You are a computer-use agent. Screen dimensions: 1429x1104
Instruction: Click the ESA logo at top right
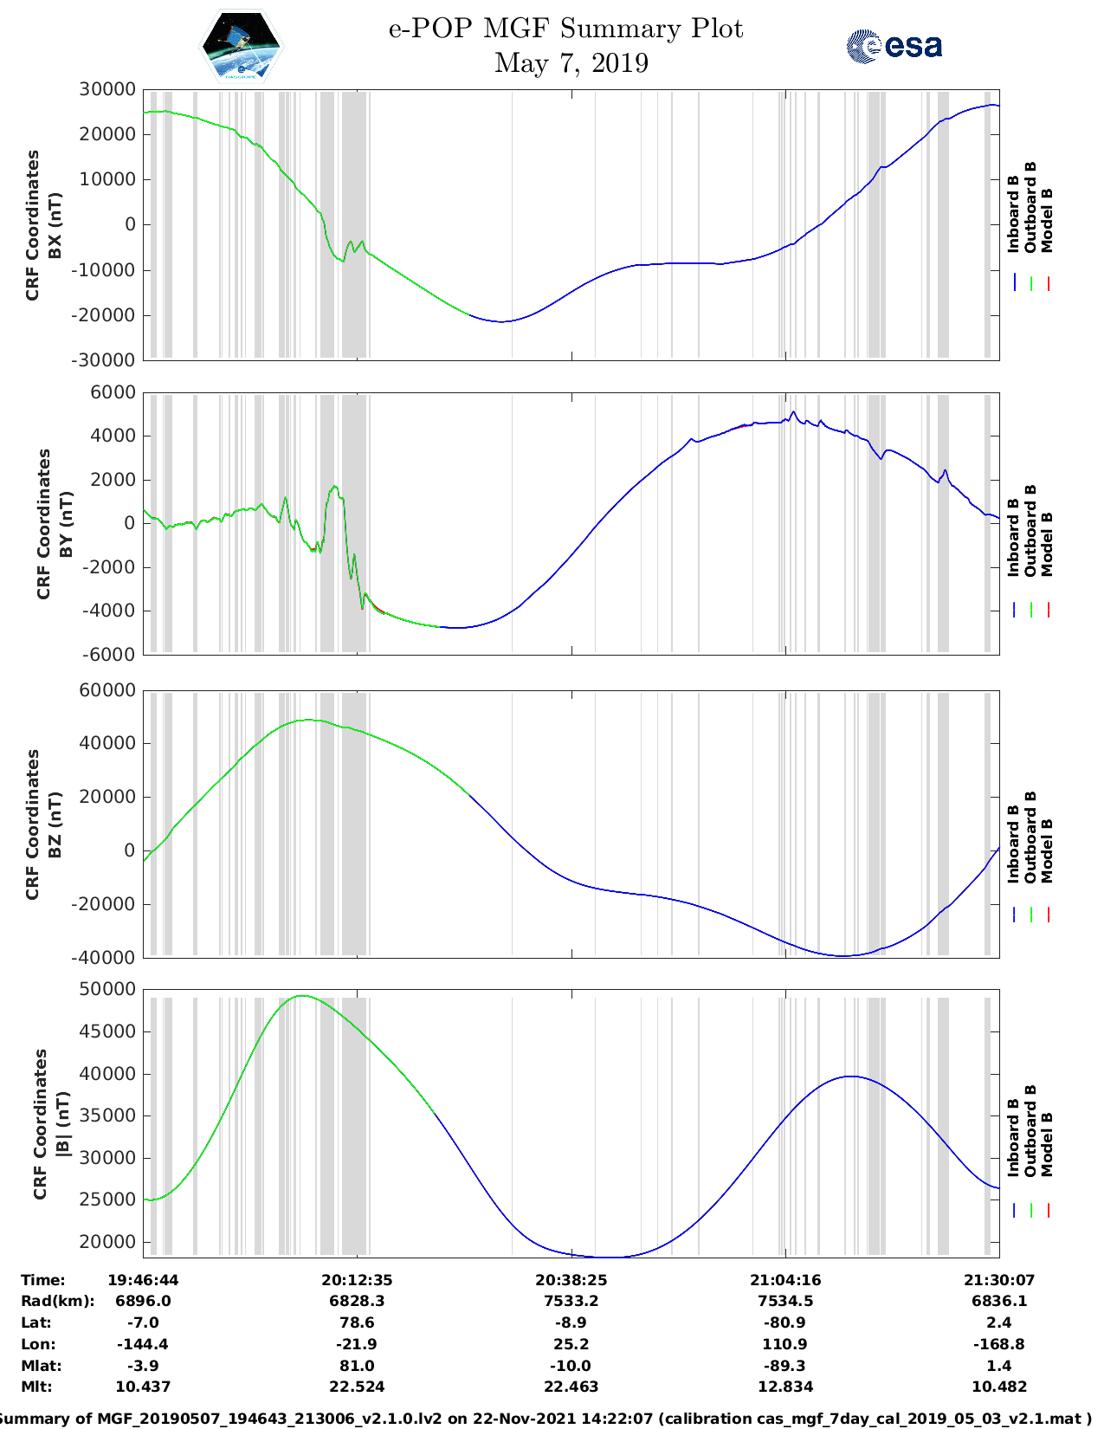coord(894,45)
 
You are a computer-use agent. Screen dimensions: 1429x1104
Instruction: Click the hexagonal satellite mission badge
coord(242,46)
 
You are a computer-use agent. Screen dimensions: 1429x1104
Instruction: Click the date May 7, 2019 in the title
coord(571,63)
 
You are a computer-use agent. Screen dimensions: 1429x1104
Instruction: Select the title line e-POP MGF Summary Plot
coord(565,29)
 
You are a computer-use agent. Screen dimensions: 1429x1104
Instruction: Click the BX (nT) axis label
coord(55,225)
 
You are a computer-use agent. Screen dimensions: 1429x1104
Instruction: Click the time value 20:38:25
coord(571,1280)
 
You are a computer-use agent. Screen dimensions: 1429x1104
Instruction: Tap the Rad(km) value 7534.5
coord(784,1301)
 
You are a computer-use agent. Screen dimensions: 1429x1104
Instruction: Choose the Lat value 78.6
coord(357,1322)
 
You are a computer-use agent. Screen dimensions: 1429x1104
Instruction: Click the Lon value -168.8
coord(998,1344)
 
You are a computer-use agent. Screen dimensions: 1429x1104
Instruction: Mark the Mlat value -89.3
coord(784,1366)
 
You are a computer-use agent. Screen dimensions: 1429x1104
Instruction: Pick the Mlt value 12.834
coord(784,1387)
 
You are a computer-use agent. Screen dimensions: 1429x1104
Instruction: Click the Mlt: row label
coord(36,1387)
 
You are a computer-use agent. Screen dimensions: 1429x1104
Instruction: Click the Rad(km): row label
coord(57,1301)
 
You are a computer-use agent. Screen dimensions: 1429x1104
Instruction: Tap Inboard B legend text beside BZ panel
coord(1013,844)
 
